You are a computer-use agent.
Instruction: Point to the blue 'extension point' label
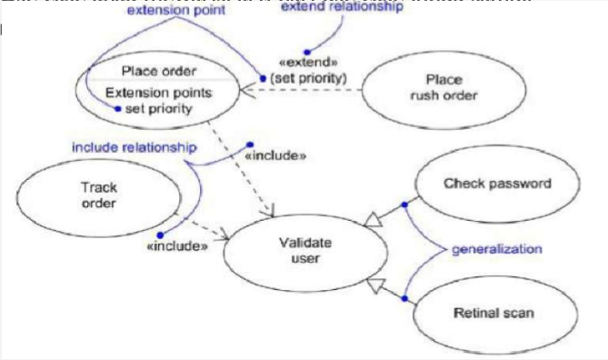[164, 12]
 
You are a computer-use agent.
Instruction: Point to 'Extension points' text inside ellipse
[159, 93]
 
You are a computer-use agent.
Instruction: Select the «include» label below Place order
[275, 155]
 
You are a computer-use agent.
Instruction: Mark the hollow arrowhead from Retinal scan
[373, 287]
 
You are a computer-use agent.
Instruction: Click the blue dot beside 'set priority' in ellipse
[116, 108]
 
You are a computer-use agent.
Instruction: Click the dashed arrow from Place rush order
[300, 88]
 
